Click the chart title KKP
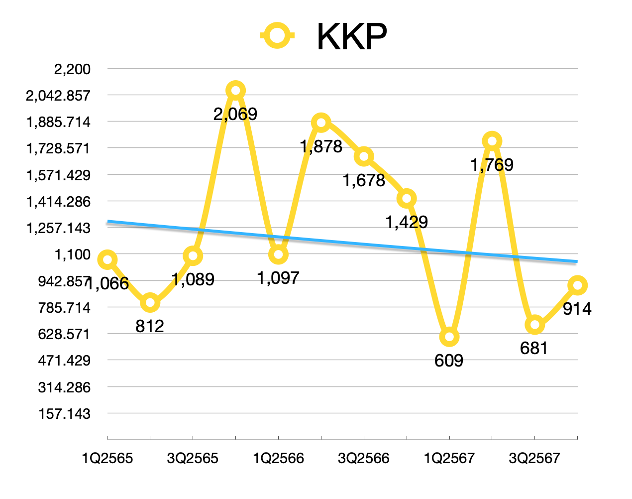tap(351, 37)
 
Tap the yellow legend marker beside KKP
tap(278, 35)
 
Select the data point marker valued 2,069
tap(236, 91)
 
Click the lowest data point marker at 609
tap(449, 337)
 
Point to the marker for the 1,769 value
tap(492, 141)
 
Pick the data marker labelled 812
tap(150, 303)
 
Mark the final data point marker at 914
tap(577, 285)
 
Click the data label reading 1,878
tap(321, 146)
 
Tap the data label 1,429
tap(407, 222)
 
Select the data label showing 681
tap(534, 349)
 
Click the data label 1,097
tap(278, 278)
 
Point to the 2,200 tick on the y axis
tap(73, 69)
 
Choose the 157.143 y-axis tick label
tap(65, 414)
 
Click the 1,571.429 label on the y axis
tap(59, 175)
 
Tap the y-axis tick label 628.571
tap(65, 334)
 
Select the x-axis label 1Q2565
tap(107, 458)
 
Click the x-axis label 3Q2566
tap(364, 458)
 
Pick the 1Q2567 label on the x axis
tap(449, 458)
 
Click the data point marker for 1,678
tap(364, 157)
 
